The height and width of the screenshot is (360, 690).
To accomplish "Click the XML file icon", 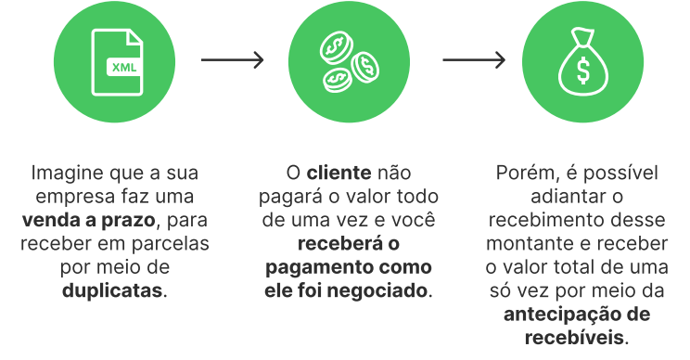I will pyautogui.click(x=117, y=61).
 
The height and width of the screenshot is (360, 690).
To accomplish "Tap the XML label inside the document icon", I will pyautogui.click(x=121, y=68).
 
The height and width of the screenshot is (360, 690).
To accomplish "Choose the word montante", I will pyautogui.click(x=527, y=243).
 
